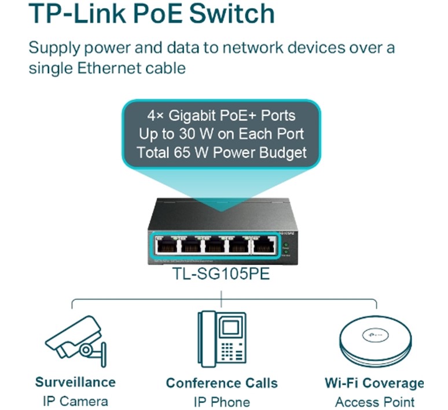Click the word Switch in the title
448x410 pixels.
tap(232, 13)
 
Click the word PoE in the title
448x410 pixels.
tap(158, 13)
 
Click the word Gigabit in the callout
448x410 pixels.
tap(192, 115)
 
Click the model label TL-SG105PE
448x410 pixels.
tap(221, 273)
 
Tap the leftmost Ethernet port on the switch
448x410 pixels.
tap(166, 246)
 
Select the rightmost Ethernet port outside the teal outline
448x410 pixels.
tap(264, 246)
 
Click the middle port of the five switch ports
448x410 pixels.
tap(215, 246)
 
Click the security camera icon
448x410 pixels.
tap(76, 341)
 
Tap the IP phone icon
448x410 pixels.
tap(222, 339)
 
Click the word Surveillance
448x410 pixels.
tap(75, 382)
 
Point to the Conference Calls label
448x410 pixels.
tap(222, 383)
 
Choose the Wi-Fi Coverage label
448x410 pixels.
tap(374, 383)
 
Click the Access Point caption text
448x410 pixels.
tap(374, 402)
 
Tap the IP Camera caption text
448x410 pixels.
tap(75, 401)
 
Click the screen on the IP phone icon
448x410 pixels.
tap(230, 327)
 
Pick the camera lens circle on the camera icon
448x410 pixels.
tap(86, 350)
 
